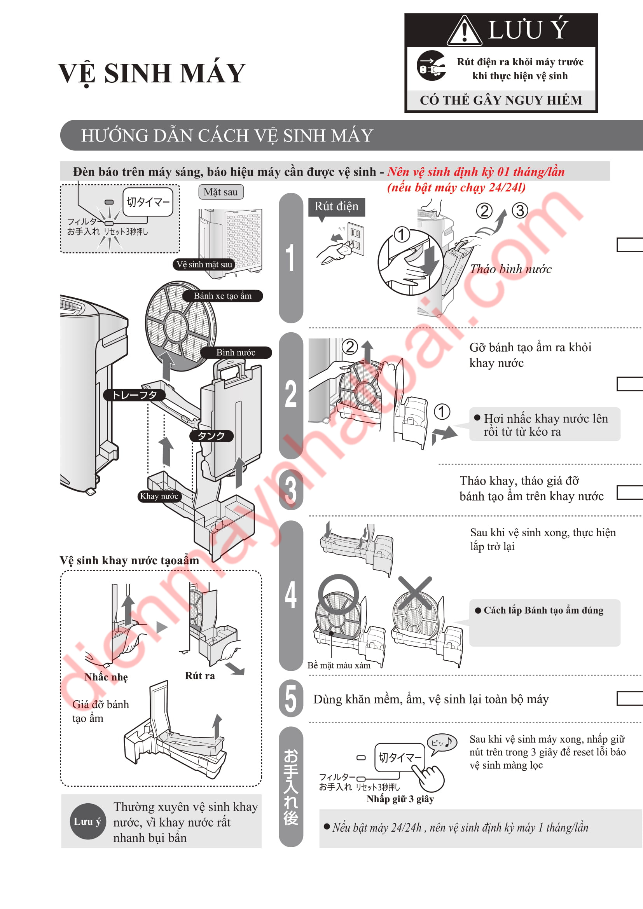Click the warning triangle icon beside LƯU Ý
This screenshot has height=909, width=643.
click(x=465, y=31)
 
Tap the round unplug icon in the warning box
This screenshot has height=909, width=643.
click(x=431, y=66)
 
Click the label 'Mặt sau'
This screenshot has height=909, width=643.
click(x=221, y=192)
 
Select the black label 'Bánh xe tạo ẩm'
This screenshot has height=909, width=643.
click(x=222, y=296)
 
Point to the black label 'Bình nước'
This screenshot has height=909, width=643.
click(x=236, y=352)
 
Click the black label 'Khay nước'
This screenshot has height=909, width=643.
click(x=159, y=496)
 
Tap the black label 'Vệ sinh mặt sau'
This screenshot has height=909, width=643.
click(x=204, y=265)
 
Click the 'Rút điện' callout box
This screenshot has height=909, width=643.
click(x=337, y=207)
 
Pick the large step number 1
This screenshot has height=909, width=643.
click(x=291, y=258)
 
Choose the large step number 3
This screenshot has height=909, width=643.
click(x=291, y=490)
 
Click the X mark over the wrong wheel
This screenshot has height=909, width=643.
click(x=415, y=593)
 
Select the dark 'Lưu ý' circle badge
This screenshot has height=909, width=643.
click(x=87, y=821)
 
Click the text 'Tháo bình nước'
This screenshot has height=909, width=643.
click(x=511, y=269)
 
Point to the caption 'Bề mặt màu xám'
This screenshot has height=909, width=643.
click(x=339, y=665)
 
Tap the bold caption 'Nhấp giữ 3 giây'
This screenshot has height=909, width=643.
click(x=400, y=799)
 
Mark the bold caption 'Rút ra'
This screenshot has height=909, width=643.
click(x=200, y=675)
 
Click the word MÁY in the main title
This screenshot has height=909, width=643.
click(x=209, y=73)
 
